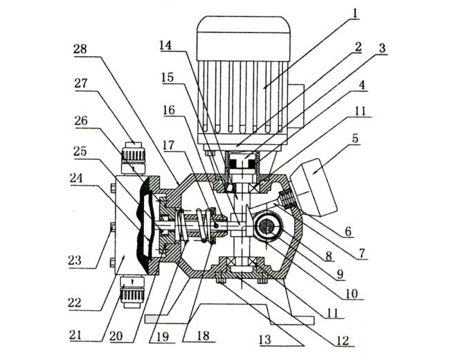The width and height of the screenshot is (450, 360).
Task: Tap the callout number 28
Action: [x=81, y=48]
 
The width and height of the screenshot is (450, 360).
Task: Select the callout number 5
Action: [x=355, y=138]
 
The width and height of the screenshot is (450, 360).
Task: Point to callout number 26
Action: [x=80, y=120]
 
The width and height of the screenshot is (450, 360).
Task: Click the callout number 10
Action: [x=352, y=294]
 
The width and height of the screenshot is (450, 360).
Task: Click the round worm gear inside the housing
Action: [x=267, y=226]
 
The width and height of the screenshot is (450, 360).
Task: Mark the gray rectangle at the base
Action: [x=156, y=319]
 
